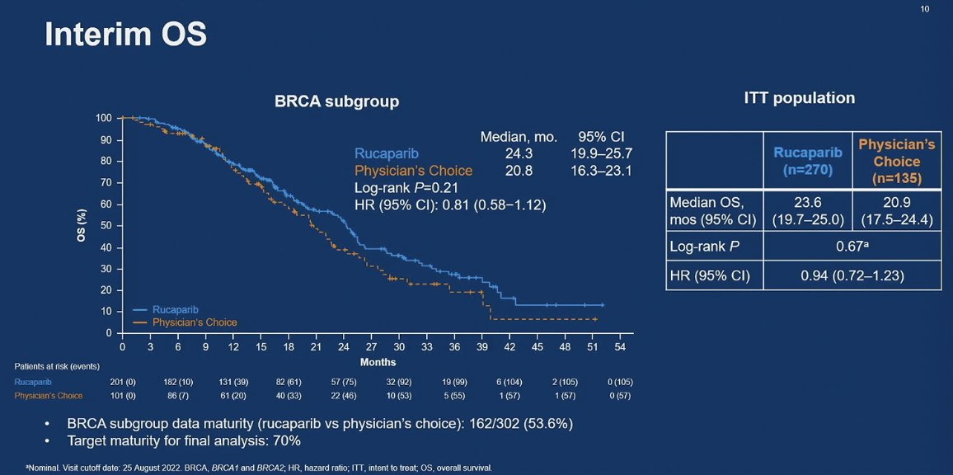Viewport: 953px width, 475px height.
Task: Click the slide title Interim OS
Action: click(x=125, y=35)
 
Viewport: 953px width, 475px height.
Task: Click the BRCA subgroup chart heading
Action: click(x=336, y=101)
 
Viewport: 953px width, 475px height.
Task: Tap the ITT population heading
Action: click(x=799, y=97)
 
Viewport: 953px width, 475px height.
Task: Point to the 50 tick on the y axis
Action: click(x=106, y=226)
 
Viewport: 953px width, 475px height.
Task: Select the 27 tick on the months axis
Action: click(x=371, y=347)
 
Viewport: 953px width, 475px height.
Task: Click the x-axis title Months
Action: click(x=378, y=362)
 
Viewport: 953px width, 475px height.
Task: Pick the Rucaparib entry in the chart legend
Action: click(x=175, y=309)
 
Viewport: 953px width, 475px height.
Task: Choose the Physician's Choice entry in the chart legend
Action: click(x=195, y=322)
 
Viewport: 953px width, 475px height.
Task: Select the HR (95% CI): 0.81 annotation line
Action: click(x=449, y=205)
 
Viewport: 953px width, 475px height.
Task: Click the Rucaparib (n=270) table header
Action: click(x=807, y=160)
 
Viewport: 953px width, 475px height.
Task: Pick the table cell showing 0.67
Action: click(x=852, y=245)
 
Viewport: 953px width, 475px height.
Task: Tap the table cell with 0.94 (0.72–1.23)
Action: click(x=852, y=275)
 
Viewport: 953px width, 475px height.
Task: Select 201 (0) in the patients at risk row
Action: click(x=122, y=382)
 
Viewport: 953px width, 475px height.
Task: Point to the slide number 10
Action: click(x=924, y=9)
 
